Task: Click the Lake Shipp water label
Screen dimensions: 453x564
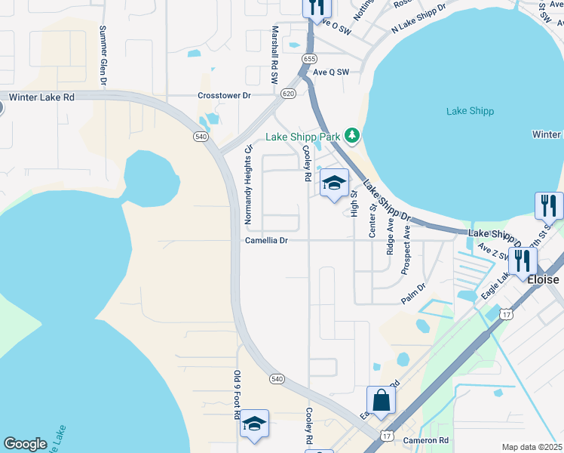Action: [470, 111]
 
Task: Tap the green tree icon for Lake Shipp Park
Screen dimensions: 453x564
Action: [351, 135]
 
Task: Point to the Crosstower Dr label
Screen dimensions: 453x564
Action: [224, 96]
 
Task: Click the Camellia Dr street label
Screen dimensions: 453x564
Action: [266, 241]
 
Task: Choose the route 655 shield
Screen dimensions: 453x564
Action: [308, 58]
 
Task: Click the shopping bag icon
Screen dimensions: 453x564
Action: [382, 400]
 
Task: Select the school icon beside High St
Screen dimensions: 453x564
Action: [334, 183]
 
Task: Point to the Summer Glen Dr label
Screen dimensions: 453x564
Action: [103, 57]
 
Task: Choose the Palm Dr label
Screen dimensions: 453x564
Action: [412, 292]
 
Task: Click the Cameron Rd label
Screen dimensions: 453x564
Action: [426, 440]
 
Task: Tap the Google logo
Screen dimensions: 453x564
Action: [25, 444]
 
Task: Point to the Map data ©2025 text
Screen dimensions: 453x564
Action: [532, 447]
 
